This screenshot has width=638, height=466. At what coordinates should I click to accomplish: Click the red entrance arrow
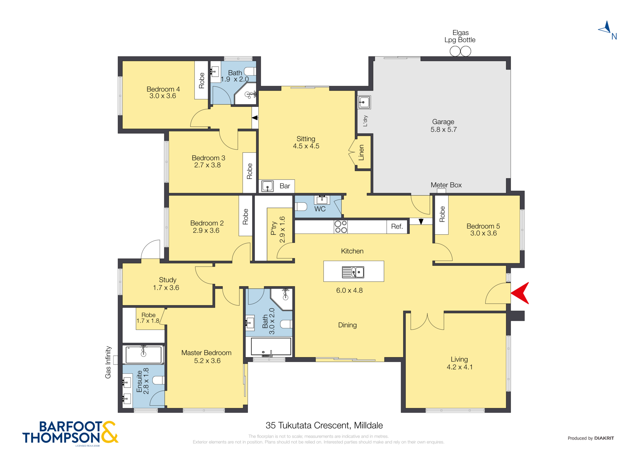pos(521,293)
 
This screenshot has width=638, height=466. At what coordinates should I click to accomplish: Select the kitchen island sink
pos(353,272)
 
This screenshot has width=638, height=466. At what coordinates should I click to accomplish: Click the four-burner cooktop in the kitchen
pos(341,227)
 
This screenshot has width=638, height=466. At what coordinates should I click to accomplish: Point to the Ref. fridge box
pos(397,227)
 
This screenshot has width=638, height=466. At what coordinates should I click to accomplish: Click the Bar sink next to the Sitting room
pos(267,186)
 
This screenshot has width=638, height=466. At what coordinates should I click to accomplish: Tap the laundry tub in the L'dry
pos(364,102)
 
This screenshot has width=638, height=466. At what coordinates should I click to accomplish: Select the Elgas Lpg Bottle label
pos(460,36)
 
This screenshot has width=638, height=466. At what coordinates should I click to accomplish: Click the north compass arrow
pos(606,28)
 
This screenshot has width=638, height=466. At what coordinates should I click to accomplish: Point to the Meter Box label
pos(446,185)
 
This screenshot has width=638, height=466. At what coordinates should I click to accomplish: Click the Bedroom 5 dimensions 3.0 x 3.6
pos(483,233)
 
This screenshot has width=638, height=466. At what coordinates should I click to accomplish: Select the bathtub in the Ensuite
pos(144,354)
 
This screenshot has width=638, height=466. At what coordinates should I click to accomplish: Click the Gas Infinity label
pos(108,362)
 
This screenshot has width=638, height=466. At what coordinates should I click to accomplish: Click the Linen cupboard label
pos(361,153)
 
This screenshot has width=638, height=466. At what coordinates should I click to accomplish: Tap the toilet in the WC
pos(301,207)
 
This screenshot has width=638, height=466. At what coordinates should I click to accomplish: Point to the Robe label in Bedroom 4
pos(201,81)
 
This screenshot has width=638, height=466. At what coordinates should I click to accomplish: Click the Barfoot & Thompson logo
pos(70,433)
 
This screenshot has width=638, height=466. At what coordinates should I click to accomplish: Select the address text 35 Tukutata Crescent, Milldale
pos(324,425)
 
